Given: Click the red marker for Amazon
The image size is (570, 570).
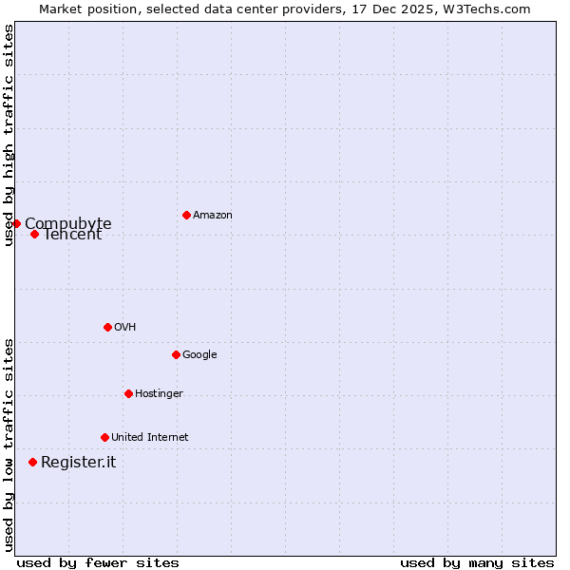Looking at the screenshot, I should pyautogui.click(x=186, y=215).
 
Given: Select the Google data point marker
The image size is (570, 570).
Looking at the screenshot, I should pyautogui.click(x=176, y=354).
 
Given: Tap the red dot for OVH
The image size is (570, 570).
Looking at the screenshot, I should pyautogui.click(x=107, y=327).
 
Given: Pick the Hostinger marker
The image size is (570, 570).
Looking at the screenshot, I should pyautogui.click(x=128, y=393).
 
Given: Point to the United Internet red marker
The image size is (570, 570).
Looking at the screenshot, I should pyautogui.click(x=104, y=437).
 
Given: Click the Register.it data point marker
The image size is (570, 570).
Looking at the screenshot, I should pyautogui.click(x=32, y=462).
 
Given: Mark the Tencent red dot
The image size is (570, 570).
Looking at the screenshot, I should pyautogui.click(x=34, y=234).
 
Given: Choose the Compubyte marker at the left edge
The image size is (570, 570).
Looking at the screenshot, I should pyautogui.click(x=16, y=223).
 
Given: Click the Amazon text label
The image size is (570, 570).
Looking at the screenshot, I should pyautogui.click(x=213, y=216).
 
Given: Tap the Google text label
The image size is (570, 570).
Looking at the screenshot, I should pyautogui.click(x=199, y=355).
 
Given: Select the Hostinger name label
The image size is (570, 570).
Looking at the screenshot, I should pyautogui.click(x=159, y=394).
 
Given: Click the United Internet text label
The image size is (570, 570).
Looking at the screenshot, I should pyautogui.click(x=149, y=438).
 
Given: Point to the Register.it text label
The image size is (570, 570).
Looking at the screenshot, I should pyautogui.click(x=78, y=463).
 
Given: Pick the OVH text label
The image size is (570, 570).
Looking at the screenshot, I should pyautogui.click(x=124, y=328).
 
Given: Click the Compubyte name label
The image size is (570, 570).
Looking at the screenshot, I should pyautogui.click(x=68, y=223).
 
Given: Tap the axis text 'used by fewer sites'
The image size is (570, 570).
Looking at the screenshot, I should pyautogui.click(x=98, y=562).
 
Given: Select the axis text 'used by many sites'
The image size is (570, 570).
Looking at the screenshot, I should pyautogui.click(x=477, y=562).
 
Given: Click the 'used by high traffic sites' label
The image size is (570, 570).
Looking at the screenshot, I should pyautogui.click(x=9, y=135).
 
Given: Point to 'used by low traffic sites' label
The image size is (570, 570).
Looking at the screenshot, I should pyautogui.click(x=9, y=445).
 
